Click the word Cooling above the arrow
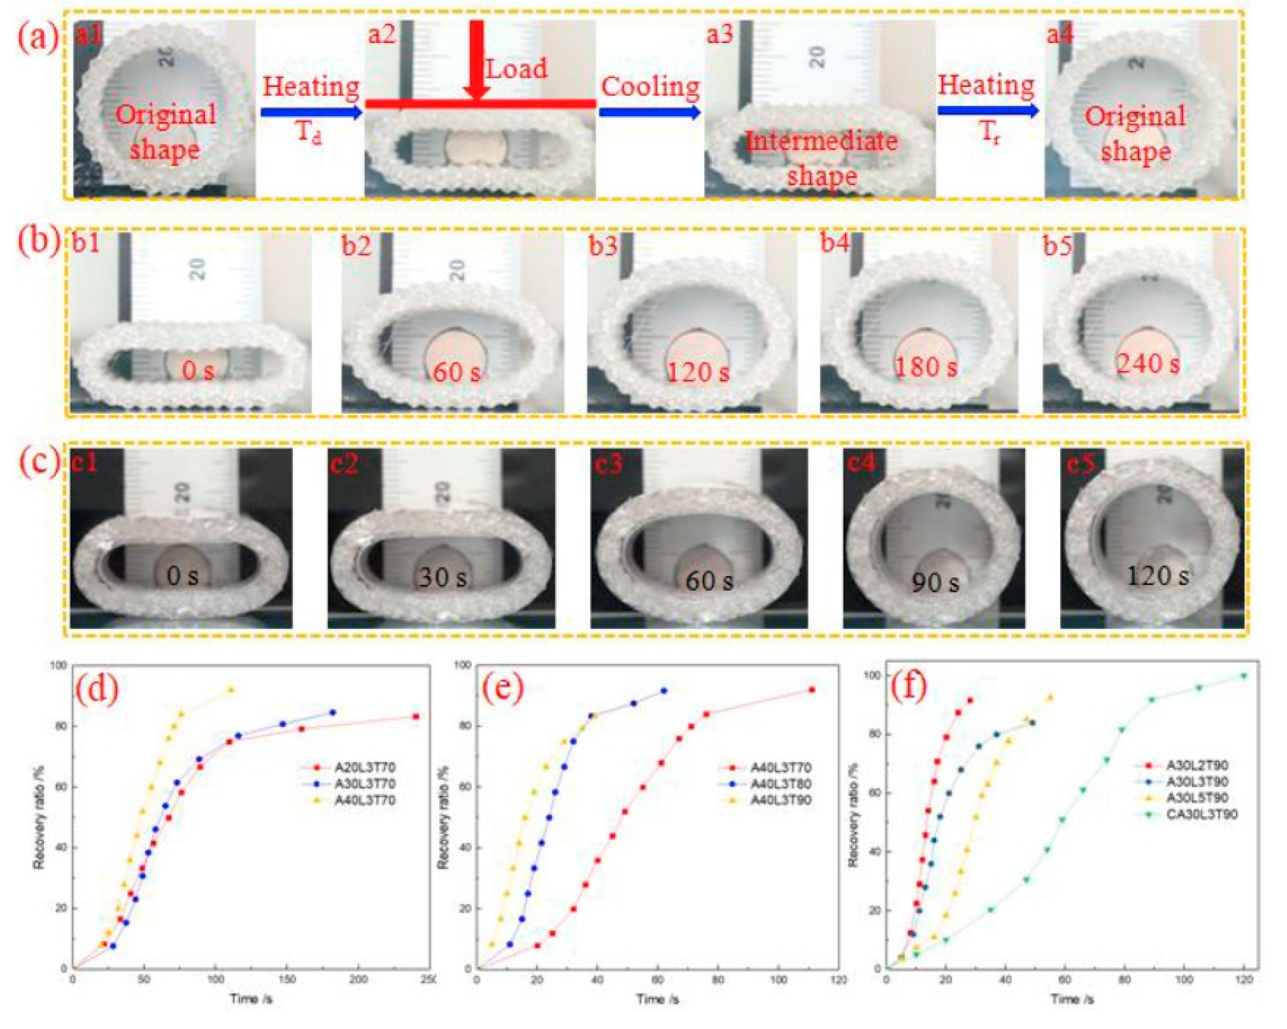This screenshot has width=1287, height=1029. (x=650, y=87)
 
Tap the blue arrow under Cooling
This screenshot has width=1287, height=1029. (x=649, y=112)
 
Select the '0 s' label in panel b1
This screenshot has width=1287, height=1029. (x=198, y=371)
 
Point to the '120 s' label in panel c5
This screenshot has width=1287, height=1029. (x=1157, y=576)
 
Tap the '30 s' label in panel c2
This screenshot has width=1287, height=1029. (x=442, y=577)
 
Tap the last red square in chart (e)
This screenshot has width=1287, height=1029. (x=812, y=690)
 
